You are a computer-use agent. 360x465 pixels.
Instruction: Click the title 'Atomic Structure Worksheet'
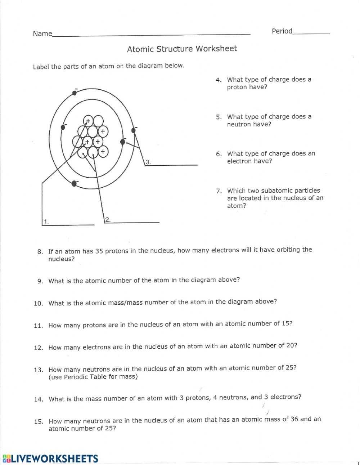182,49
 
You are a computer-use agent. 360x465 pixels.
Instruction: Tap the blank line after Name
151,34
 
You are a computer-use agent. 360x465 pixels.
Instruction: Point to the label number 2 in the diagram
107,219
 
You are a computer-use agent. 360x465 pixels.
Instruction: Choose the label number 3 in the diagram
148,162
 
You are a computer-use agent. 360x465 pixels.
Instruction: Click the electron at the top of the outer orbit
75,93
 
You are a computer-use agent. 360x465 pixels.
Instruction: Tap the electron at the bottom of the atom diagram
74,183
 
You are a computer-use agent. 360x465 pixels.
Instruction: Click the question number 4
219,80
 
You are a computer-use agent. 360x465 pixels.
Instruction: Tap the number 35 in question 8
99,251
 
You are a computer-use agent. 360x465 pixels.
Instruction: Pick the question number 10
38,303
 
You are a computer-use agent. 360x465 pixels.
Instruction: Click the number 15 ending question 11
287,323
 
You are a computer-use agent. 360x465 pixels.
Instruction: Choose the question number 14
39,399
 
